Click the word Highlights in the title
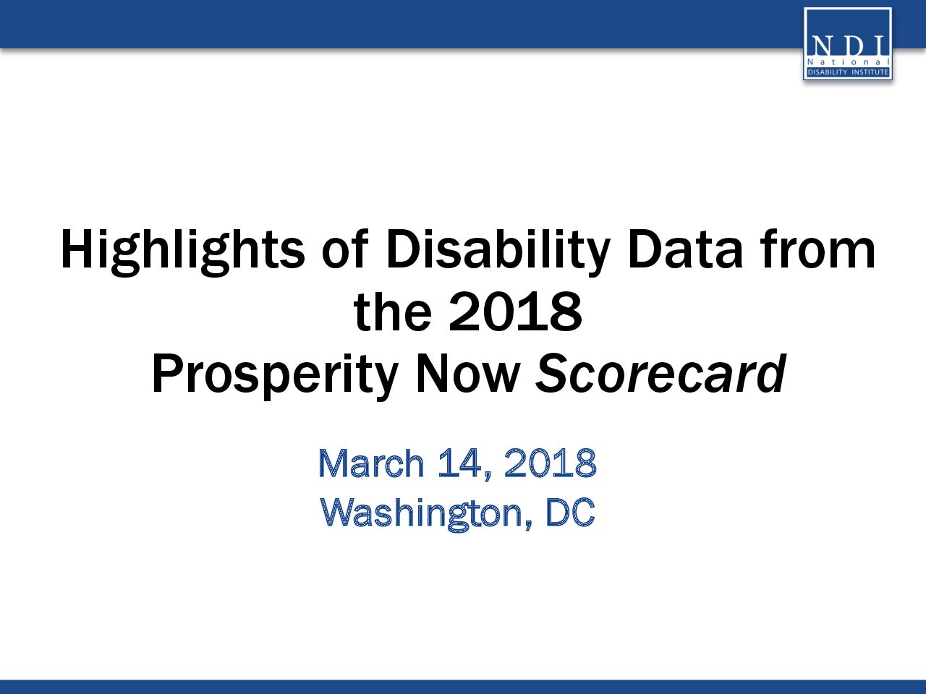click(182, 252)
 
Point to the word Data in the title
click(684, 249)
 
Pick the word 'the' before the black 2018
click(393, 311)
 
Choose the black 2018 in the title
click(516, 312)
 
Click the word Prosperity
click(275, 376)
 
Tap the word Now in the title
click(467, 374)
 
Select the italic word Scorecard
click(660, 373)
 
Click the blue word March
click(371, 463)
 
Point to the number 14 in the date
click(460, 463)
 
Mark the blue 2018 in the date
click(550, 463)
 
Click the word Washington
click(421, 514)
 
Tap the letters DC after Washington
click(570, 513)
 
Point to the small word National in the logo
click(848, 62)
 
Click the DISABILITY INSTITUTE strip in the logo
click(848, 72)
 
